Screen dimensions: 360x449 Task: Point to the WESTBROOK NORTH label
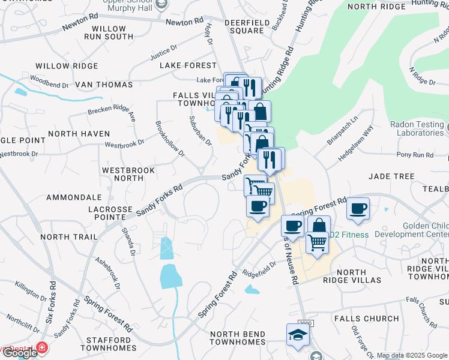128,174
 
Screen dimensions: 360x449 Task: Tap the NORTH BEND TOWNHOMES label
238,337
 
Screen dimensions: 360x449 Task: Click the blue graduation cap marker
297,334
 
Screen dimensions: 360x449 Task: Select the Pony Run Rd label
415,155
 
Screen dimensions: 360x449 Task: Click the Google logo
19,353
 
